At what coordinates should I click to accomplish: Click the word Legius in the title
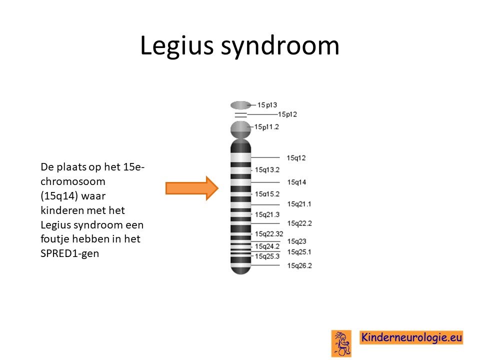click(x=176, y=46)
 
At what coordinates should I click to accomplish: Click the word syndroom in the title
click(x=280, y=46)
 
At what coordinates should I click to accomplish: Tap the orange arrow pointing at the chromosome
click(x=192, y=188)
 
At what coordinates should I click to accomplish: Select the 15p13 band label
click(x=267, y=105)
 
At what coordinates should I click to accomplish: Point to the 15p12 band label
click(x=287, y=114)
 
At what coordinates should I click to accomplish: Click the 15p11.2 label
click(x=266, y=126)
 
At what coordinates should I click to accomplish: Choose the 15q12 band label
click(x=296, y=158)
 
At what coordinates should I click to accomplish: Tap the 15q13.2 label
click(x=267, y=169)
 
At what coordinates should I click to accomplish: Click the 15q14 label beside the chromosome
click(x=296, y=182)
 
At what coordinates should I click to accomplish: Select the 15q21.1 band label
click(x=299, y=204)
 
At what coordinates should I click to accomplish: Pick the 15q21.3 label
click(x=267, y=214)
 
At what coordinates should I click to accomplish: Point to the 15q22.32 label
click(x=269, y=234)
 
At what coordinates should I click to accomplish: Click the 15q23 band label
click(x=296, y=241)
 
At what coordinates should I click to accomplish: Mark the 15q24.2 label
click(x=267, y=246)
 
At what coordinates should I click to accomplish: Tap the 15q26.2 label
click(x=299, y=265)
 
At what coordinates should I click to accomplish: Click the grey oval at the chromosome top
click(x=240, y=105)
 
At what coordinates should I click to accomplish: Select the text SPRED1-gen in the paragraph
click(x=70, y=253)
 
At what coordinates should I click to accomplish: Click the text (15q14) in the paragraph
click(x=59, y=196)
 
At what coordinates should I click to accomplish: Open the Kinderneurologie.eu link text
click(x=411, y=337)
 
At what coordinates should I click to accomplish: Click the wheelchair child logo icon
click(x=341, y=343)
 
